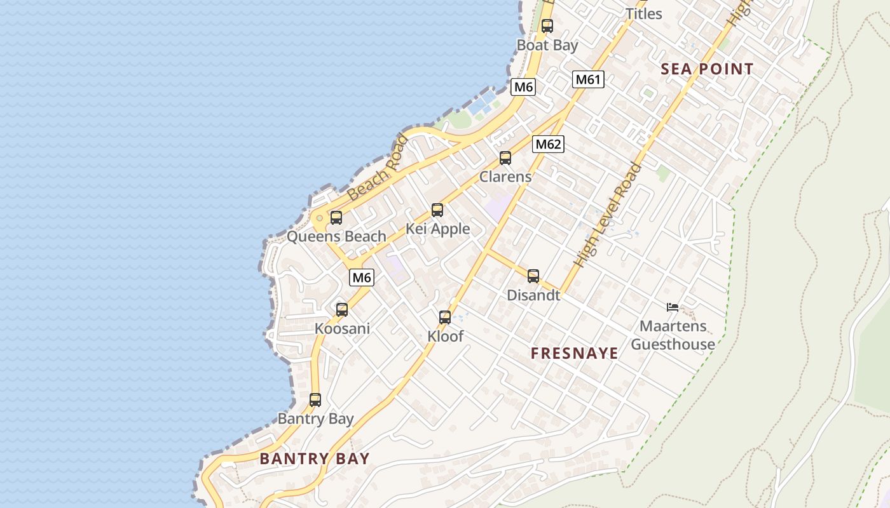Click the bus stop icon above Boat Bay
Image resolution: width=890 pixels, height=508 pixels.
coord(547,26)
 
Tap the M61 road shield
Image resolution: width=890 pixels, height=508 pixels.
coord(588,79)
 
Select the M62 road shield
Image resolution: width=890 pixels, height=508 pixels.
coord(548,144)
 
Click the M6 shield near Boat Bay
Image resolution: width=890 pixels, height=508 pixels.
coord(523,87)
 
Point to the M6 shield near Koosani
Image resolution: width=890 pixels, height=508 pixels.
coord(361,277)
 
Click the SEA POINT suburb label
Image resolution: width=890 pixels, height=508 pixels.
coord(707,69)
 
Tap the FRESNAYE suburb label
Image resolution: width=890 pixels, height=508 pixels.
coord(574,354)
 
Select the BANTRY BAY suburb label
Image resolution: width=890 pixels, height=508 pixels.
coord(314,458)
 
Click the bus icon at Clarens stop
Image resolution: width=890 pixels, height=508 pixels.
coord(505,158)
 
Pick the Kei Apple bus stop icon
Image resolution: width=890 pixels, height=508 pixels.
coord(437,210)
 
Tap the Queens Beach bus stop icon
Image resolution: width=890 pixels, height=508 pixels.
coord(336,218)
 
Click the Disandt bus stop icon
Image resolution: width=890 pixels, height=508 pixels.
coord(533,276)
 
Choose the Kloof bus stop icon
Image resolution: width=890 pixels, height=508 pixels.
coord(445,317)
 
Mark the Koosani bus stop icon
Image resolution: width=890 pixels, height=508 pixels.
coord(342,310)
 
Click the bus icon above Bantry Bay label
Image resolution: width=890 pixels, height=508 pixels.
coord(315,400)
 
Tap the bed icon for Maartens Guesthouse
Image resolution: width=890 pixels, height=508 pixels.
coord(673,307)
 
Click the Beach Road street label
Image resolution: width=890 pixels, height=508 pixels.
coord(378,166)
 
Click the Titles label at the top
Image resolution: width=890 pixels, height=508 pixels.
coord(643,13)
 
